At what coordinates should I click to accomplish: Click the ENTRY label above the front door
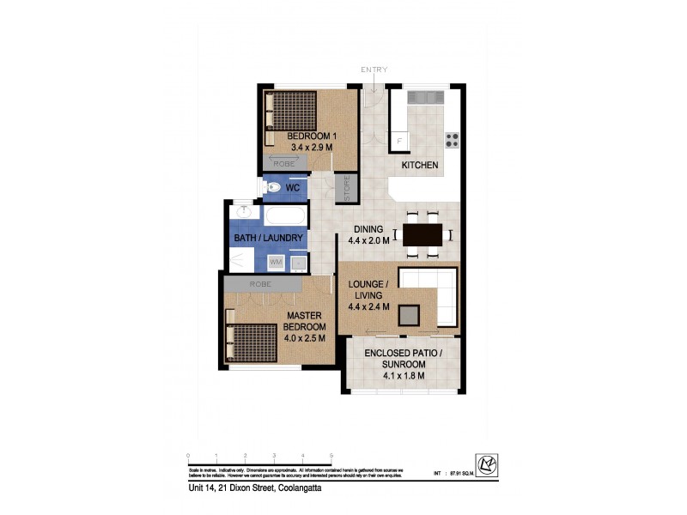point(374,70)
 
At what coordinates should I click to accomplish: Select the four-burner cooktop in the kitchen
point(452,140)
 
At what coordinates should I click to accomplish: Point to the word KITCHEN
point(420,165)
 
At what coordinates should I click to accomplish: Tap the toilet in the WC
point(271,186)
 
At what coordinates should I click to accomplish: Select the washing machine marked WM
point(277,262)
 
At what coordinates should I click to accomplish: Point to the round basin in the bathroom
point(244,211)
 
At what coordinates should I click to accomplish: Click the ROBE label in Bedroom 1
point(283,162)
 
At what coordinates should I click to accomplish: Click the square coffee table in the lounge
point(410,315)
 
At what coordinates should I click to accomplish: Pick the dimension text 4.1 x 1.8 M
point(403,375)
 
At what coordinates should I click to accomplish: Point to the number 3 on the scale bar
point(274,456)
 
